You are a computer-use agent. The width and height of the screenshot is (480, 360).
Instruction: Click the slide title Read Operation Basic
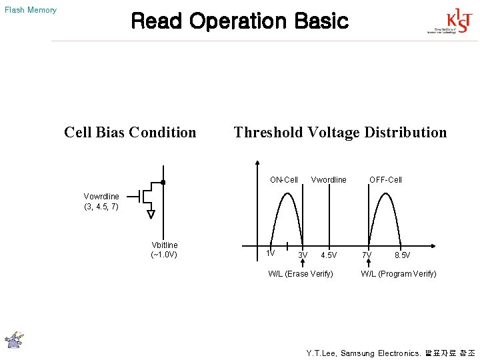(x=239, y=21)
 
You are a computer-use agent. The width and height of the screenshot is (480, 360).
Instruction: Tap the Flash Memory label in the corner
(x=31, y=10)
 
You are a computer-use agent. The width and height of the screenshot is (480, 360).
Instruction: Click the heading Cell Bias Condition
(x=130, y=132)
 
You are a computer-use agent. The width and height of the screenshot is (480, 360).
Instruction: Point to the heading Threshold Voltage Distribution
(x=340, y=132)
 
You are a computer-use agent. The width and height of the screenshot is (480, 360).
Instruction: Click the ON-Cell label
(x=284, y=179)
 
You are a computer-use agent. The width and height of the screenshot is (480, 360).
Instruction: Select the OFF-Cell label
(x=385, y=179)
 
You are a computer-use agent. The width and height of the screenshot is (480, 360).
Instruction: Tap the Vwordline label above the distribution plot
(x=329, y=179)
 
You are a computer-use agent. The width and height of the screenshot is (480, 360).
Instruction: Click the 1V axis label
(x=270, y=253)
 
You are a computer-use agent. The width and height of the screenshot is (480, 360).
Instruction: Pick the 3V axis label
(x=303, y=255)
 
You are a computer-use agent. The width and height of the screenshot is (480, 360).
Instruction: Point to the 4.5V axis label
(x=329, y=255)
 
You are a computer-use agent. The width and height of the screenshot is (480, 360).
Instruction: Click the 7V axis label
(x=367, y=255)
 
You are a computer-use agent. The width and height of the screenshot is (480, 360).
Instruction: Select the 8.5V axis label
(x=402, y=255)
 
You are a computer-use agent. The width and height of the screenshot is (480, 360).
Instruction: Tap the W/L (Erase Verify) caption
(x=301, y=273)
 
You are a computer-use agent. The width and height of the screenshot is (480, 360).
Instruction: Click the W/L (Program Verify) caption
(x=399, y=273)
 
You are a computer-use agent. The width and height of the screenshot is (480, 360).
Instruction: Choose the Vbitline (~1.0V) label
(x=165, y=249)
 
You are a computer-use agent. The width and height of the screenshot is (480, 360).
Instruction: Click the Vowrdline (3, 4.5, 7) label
(x=101, y=201)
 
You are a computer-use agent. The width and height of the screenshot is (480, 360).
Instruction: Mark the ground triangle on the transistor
(x=151, y=213)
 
